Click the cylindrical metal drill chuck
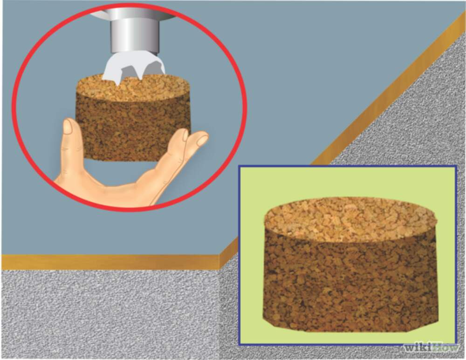pos(135,36)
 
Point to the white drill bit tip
pos(134,69)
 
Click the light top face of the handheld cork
pos(133,88)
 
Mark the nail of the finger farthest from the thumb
pos(202,140)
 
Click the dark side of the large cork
pos(351,285)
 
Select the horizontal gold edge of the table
pos(110,262)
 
